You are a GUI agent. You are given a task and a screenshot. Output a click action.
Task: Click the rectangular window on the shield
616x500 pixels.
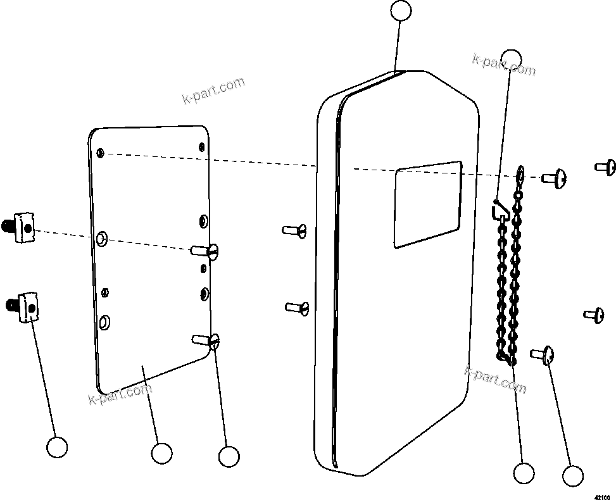[x=427, y=204]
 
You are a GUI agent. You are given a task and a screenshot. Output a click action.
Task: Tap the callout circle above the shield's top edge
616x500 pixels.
[x=401, y=11]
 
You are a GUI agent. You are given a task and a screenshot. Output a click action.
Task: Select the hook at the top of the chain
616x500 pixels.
[x=498, y=208]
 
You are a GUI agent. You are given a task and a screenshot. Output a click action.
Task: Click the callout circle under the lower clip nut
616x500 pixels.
[x=57, y=447]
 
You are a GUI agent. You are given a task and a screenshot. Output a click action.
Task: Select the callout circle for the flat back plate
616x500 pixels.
[x=161, y=453]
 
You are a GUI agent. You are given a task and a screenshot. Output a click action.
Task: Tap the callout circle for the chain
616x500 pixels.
[x=524, y=472]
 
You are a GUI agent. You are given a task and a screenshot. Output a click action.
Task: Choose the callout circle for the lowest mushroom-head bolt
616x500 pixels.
[x=572, y=476]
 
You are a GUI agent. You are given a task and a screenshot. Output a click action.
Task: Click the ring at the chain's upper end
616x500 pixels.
[x=520, y=172]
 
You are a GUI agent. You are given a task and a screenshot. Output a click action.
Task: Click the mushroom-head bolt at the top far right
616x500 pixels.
[x=606, y=167]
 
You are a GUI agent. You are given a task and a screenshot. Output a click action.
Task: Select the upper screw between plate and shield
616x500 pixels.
[x=295, y=230]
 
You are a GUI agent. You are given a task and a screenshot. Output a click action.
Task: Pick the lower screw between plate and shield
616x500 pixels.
[x=298, y=308]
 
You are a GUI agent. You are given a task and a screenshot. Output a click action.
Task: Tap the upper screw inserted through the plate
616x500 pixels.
[x=207, y=251]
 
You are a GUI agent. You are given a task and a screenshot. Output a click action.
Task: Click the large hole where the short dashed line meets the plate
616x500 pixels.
[x=102, y=239]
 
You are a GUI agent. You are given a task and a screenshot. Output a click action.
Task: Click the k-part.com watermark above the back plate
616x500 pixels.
[x=213, y=91]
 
